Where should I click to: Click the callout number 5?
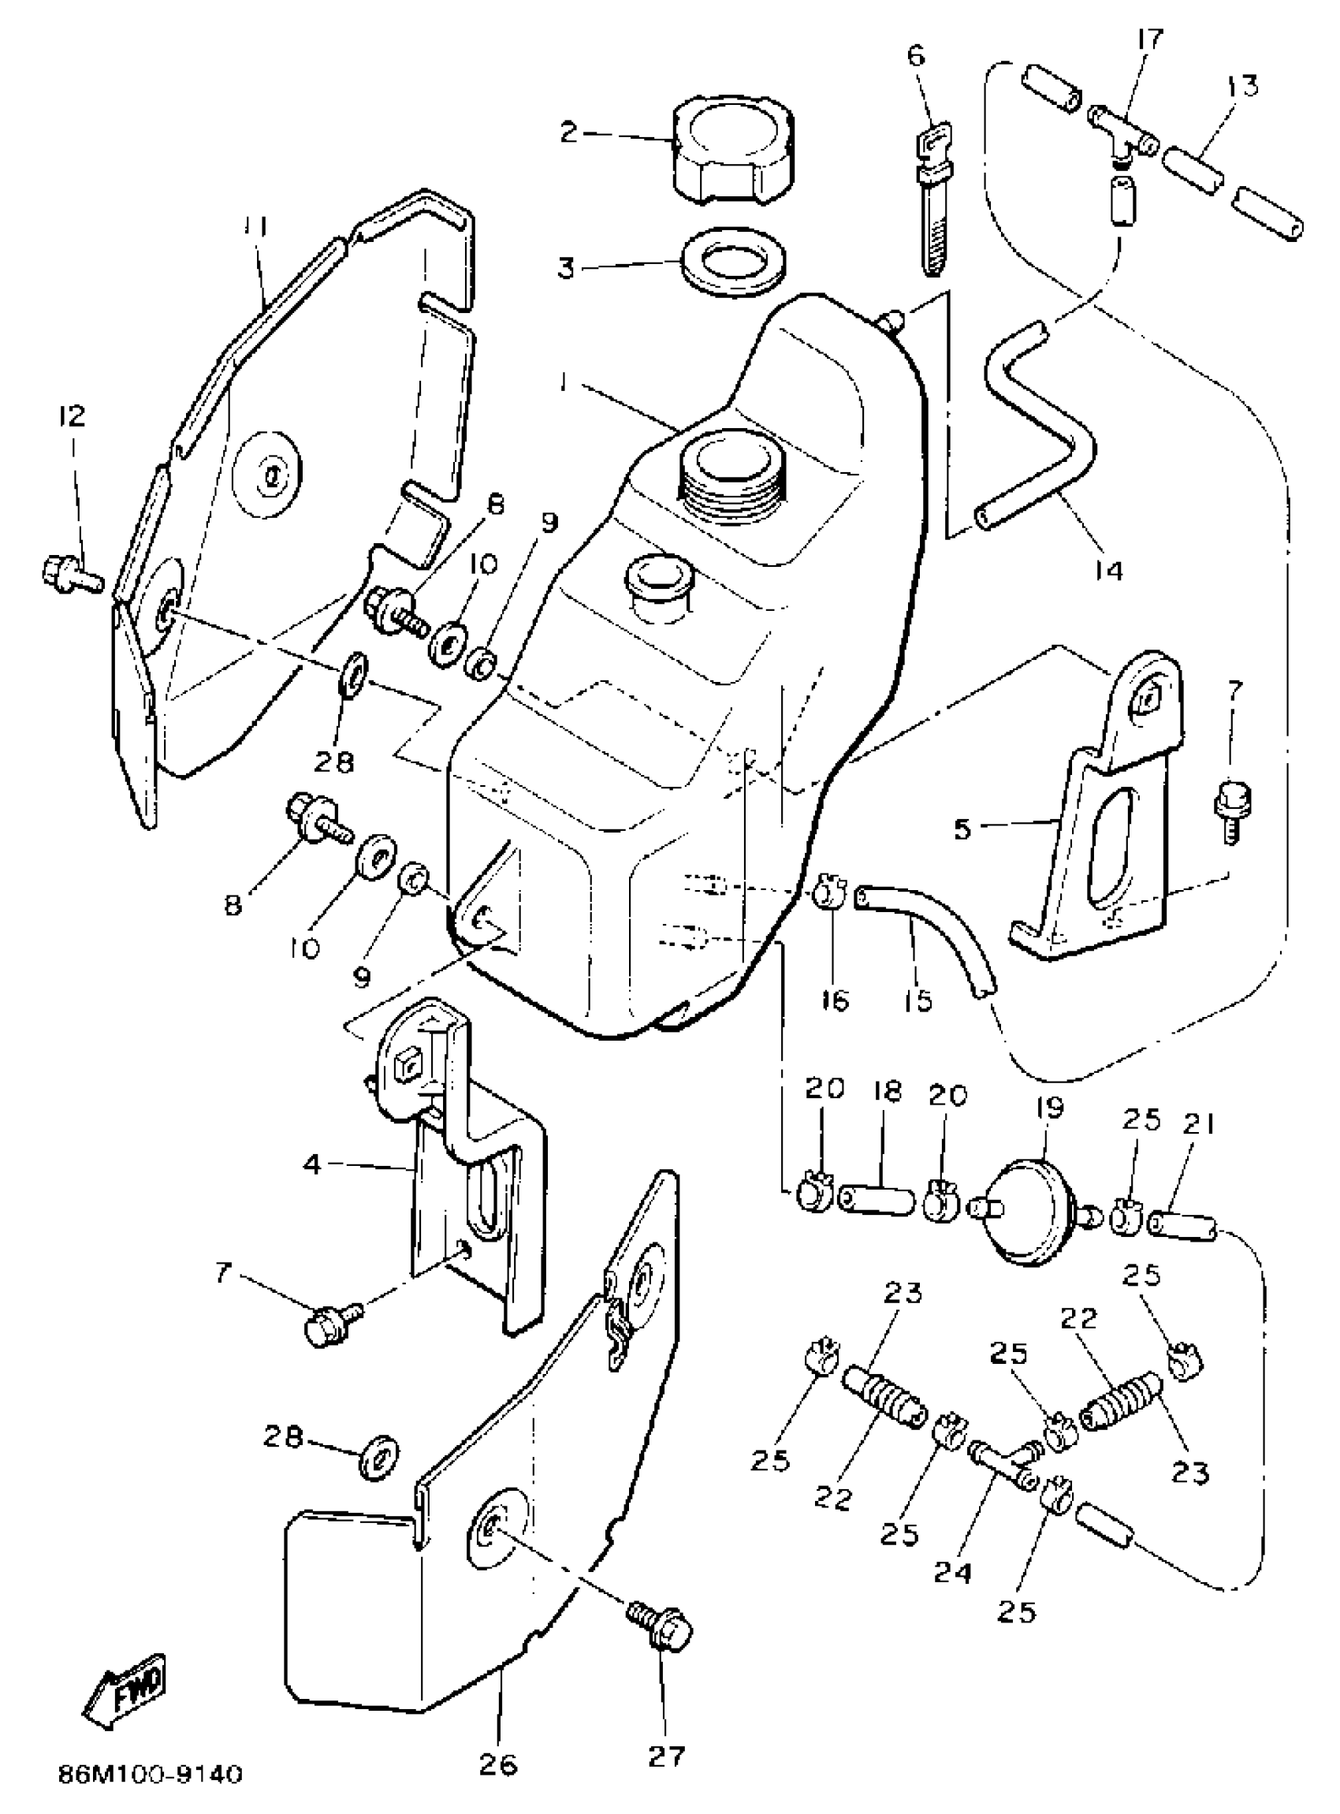962,830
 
